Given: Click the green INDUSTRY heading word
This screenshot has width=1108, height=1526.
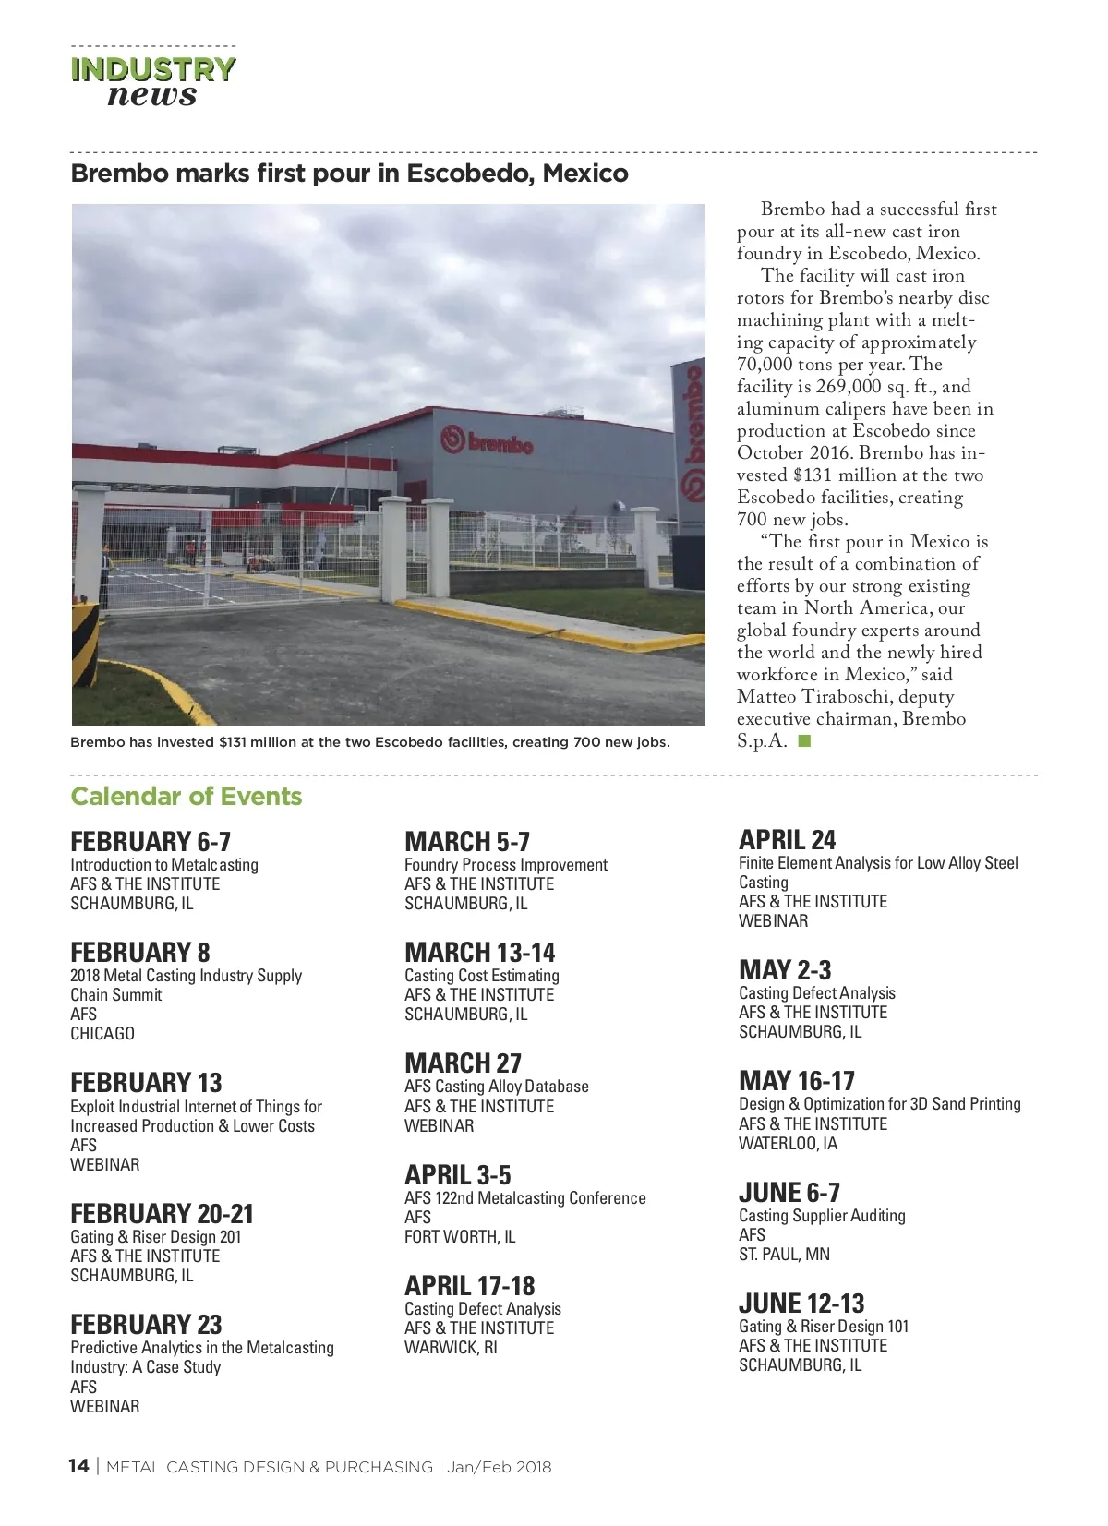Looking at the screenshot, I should pyautogui.click(x=153, y=69).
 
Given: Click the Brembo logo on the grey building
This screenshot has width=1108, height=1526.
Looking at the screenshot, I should pyautogui.click(x=489, y=442).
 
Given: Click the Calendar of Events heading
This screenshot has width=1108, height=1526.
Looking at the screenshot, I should pyautogui.click(x=187, y=797).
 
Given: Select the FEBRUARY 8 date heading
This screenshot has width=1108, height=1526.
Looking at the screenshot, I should pyautogui.click(x=140, y=952).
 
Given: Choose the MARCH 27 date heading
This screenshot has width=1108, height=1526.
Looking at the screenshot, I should pyautogui.click(x=463, y=1063).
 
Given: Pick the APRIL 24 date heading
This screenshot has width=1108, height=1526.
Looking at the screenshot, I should pyautogui.click(x=787, y=840).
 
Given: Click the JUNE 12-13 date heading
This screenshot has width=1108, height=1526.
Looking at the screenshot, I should pyautogui.click(x=801, y=1304).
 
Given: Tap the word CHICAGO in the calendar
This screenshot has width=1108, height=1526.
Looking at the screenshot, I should pyautogui.click(x=102, y=1034).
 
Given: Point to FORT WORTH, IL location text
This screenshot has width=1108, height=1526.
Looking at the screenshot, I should pyautogui.click(x=460, y=1237).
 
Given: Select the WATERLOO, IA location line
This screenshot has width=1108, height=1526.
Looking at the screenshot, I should pyautogui.click(x=788, y=1144).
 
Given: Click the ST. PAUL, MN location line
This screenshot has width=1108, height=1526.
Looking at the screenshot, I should pyautogui.click(x=784, y=1255).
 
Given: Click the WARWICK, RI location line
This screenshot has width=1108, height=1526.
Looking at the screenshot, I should pyautogui.click(x=451, y=1348).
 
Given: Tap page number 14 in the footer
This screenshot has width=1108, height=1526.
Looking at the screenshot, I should pyautogui.click(x=78, y=1467).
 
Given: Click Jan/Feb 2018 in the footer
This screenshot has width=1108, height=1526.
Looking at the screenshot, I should pyautogui.click(x=500, y=1467).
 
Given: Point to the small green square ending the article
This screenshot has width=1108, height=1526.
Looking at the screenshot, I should pyautogui.click(x=804, y=740).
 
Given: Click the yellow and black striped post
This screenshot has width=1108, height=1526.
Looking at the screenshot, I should pyautogui.click(x=85, y=643).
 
